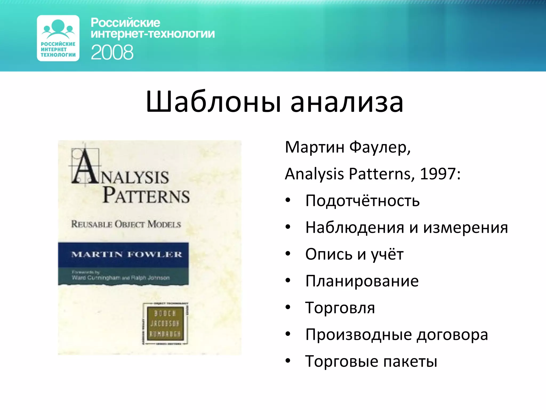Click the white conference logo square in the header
tap(58, 38)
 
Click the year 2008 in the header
tap(112, 52)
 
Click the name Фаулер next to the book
tap(380, 147)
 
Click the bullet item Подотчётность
tap(362, 201)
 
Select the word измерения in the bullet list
tap(465, 227)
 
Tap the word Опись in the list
tap(329, 254)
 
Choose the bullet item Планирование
tap(362, 281)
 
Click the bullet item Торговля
tap(340, 308)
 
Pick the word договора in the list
tap(452, 335)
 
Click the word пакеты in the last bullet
tap(410, 361)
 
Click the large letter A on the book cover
tap(85, 167)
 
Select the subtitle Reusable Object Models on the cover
tap(126, 224)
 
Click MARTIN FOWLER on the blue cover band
tap(127, 254)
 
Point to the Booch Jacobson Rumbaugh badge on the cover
tap(165, 324)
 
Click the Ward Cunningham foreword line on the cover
tap(121, 278)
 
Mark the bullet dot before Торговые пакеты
tap(288, 361)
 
